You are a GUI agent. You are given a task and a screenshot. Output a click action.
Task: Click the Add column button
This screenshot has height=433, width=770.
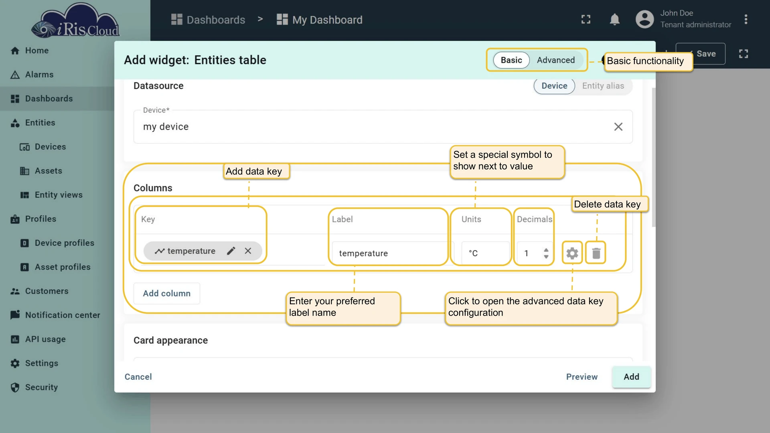click(166, 293)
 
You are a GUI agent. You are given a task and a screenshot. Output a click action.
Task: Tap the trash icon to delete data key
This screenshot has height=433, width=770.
click(596, 253)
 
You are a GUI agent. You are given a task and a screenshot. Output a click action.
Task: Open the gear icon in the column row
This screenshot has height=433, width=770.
click(572, 253)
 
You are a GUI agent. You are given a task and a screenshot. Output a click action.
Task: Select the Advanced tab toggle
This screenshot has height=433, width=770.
click(556, 60)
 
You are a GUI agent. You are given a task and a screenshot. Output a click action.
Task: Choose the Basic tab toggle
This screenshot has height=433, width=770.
click(511, 60)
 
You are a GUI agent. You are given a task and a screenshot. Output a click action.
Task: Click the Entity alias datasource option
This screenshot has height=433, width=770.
click(603, 86)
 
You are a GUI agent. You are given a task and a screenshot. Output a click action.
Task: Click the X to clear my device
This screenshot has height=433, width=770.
click(618, 127)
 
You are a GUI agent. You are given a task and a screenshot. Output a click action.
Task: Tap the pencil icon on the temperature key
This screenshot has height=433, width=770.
click(231, 251)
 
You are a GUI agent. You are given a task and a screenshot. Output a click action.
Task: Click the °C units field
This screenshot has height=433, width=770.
click(485, 253)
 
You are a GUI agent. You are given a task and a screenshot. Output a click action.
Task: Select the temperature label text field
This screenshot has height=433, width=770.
click(389, 253)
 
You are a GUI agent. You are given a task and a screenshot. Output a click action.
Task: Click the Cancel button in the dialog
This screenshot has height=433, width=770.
click(138, 377)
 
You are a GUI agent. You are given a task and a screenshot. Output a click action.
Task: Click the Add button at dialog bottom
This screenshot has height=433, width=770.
click(631, 377)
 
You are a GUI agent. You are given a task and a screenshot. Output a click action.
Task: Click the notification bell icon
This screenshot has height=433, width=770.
click(614, 19)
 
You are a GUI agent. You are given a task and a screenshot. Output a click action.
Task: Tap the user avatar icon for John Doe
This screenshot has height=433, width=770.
click(644, 19)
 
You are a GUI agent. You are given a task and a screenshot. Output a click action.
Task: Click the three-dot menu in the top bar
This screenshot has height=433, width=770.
click(746, 19)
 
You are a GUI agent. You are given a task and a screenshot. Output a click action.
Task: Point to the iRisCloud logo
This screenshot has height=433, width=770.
click(75, 21)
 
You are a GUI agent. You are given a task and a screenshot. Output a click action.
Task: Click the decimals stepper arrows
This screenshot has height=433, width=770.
click(546, 253)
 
